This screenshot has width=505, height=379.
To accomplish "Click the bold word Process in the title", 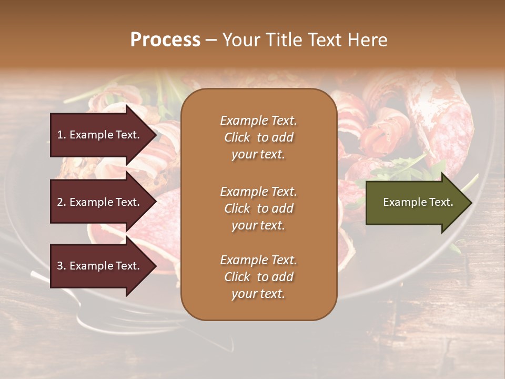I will [x=165, y=40].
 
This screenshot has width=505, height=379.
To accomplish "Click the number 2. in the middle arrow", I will [x=62, y=202].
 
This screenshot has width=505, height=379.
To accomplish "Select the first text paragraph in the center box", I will [x=258, y=137].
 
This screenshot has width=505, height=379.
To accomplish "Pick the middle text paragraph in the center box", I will [x=258, y=208].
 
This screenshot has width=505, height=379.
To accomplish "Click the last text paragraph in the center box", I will [x=258, y=277].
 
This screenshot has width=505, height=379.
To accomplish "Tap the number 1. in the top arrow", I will [x=62, y=135].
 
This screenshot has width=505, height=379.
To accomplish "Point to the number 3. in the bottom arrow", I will [x=62, y=266].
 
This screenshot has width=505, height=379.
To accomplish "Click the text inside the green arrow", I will [x=418, y=202].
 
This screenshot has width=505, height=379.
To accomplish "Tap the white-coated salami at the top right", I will [x=447, y=116].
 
